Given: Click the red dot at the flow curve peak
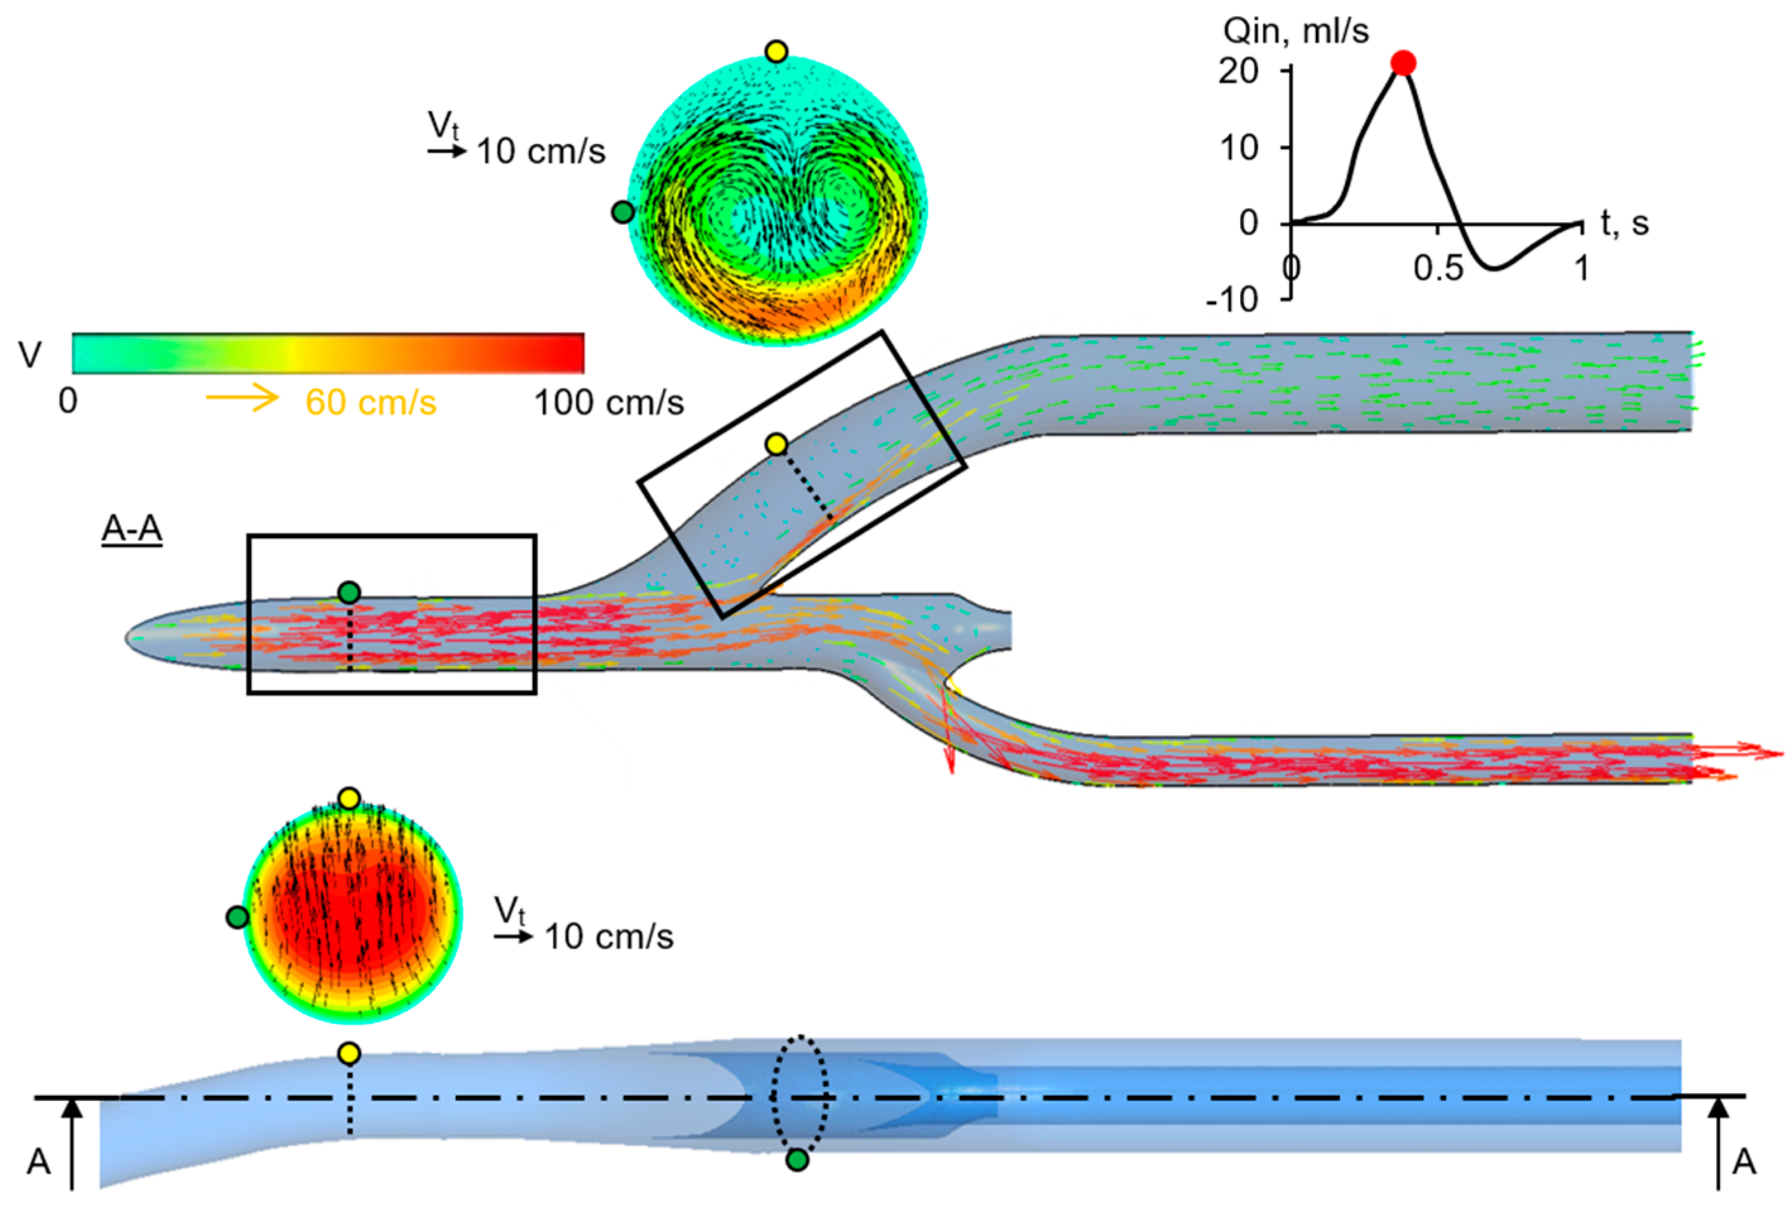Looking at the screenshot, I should (x=1404, y=63).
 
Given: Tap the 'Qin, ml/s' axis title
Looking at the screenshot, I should (x=1296, y=32).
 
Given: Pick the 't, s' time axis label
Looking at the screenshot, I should (x=1625, y=223).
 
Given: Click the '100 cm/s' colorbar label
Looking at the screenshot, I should (x=609, y=403).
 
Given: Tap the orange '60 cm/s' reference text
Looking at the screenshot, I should (x=371, y=403).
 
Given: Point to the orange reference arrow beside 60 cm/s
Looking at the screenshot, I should (x=242, y=398).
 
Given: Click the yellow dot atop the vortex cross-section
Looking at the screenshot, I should (x=777, y=52).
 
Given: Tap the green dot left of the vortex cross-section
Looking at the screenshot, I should (x=623, y=212).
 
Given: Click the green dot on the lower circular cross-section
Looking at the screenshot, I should (x=237, y=916).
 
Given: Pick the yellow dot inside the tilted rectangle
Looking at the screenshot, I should (x=777, y=444).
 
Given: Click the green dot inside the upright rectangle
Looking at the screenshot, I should (x=349, y=592).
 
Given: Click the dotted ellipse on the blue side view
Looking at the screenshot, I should (x=801, y=1094).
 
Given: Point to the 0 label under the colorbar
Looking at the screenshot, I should (x=68, y=401).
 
